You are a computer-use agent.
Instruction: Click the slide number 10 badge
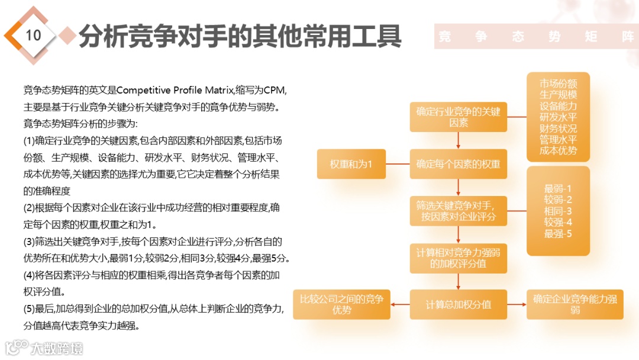(x=33, y=35)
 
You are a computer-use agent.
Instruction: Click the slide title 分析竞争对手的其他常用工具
(x=240, y=36)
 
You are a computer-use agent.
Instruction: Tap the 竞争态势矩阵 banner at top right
(x=536, y=37)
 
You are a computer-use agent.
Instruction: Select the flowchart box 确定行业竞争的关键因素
(x=458, y=117)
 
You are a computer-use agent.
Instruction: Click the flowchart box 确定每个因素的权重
(x=458, y=164)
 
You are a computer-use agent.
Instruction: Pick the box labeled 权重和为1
(x=351, y=164)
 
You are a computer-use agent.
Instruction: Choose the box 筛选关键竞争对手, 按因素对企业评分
(x=458, y=211)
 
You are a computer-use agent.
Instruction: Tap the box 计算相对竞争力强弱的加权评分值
(x=458, y=258)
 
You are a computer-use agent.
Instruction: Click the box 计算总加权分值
(x=458, y=304)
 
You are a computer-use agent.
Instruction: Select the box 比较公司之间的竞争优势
(x=341, y=304)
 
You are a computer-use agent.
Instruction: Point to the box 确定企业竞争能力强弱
(x=575, y=304)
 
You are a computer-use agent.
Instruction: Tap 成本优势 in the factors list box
(x=558, y=150)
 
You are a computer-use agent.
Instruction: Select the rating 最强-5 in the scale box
(x=558, y=233)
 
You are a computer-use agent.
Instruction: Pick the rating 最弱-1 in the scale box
(x=558, y=189)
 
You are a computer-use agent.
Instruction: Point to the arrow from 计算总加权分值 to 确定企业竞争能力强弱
(x=517, y=304)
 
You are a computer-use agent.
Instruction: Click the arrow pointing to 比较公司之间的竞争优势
(x=400, y=304)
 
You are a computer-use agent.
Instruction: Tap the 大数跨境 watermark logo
(x=44, y=348)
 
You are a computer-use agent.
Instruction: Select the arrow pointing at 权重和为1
(x=398, y=164)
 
